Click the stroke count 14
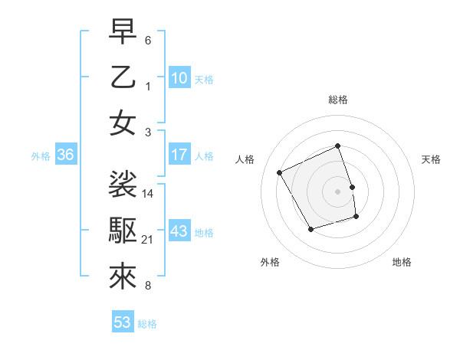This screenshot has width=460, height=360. pos(149,193)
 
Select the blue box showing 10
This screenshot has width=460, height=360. pos(179,78)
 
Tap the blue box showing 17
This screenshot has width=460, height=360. pos(179,155)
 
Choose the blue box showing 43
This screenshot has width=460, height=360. pos(179,232)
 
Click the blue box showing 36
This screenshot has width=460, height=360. pos(66,155)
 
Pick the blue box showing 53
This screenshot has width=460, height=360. pos(123,322)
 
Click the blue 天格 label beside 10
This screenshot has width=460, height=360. pos(204,80)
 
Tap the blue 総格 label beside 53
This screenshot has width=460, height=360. pos(147,324)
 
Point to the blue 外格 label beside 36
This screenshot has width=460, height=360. pos(41,156)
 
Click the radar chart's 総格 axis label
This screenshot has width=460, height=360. pos(338,100)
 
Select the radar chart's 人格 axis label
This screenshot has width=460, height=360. pos(245,159)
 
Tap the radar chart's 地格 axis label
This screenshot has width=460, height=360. pos(402,263)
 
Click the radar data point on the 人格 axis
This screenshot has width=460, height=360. pos(279,172)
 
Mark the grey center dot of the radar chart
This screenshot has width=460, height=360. pos(338,191)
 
